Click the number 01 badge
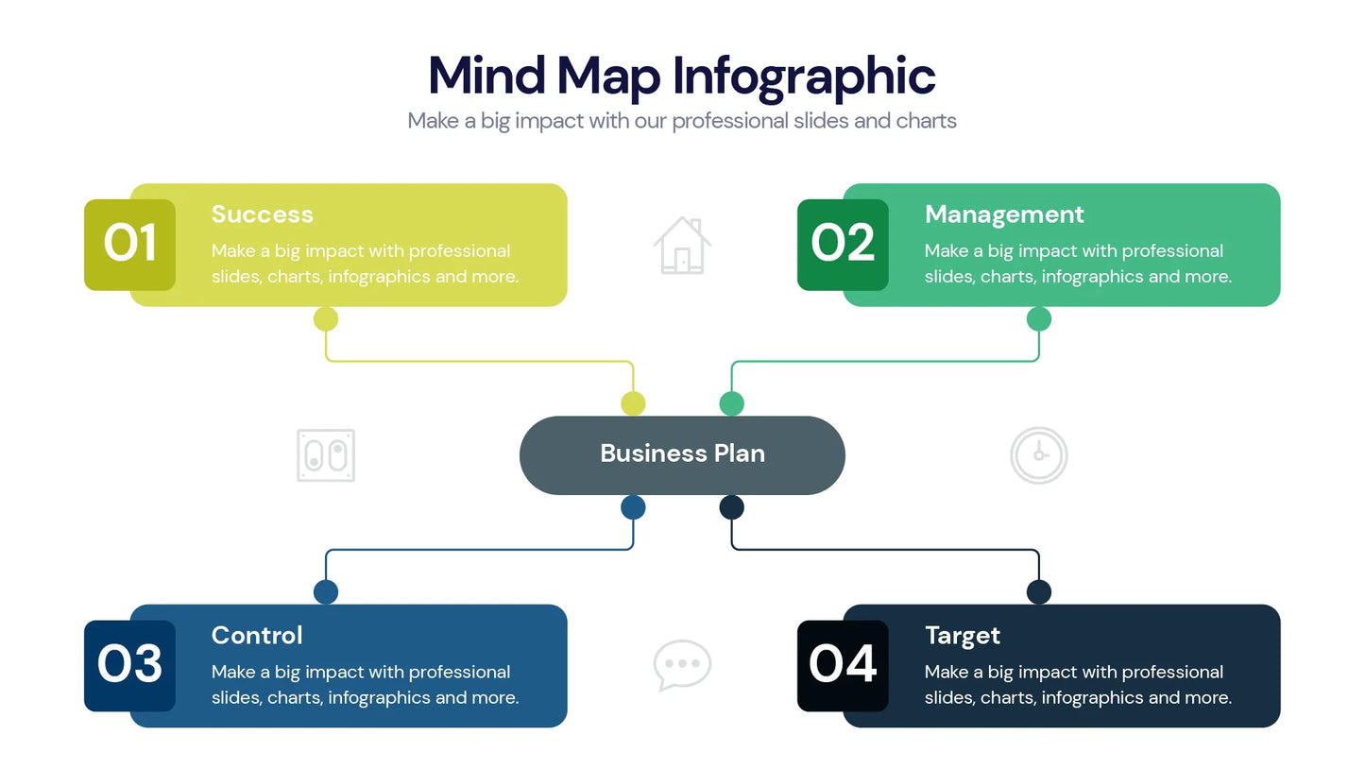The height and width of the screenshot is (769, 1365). tap(129, 245)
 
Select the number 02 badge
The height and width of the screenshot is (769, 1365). tap(843, 245)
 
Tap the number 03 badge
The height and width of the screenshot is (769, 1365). tap(129, 665)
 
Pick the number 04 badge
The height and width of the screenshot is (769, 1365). tap(843, 665)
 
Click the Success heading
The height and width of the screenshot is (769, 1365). tap(262, 214)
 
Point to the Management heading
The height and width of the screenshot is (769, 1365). tap(1004, 215)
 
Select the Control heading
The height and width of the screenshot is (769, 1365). tap(257, 636)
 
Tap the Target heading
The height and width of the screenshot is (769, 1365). tap(963, 637)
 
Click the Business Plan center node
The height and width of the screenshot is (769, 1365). tap(682, 455)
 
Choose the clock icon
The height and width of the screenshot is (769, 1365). tap(1039, 455)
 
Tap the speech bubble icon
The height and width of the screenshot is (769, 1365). tap(682, 666)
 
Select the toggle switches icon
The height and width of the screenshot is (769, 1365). tap(326, 455)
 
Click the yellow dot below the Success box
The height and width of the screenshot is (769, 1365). tap(326, 318)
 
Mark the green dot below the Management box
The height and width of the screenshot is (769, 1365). tap(1039, 318)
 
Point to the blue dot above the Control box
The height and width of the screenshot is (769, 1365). tap(326, 591)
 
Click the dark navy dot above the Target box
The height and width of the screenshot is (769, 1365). tap(1039, 591)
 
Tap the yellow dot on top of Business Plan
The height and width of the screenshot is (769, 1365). tap(633, 403)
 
